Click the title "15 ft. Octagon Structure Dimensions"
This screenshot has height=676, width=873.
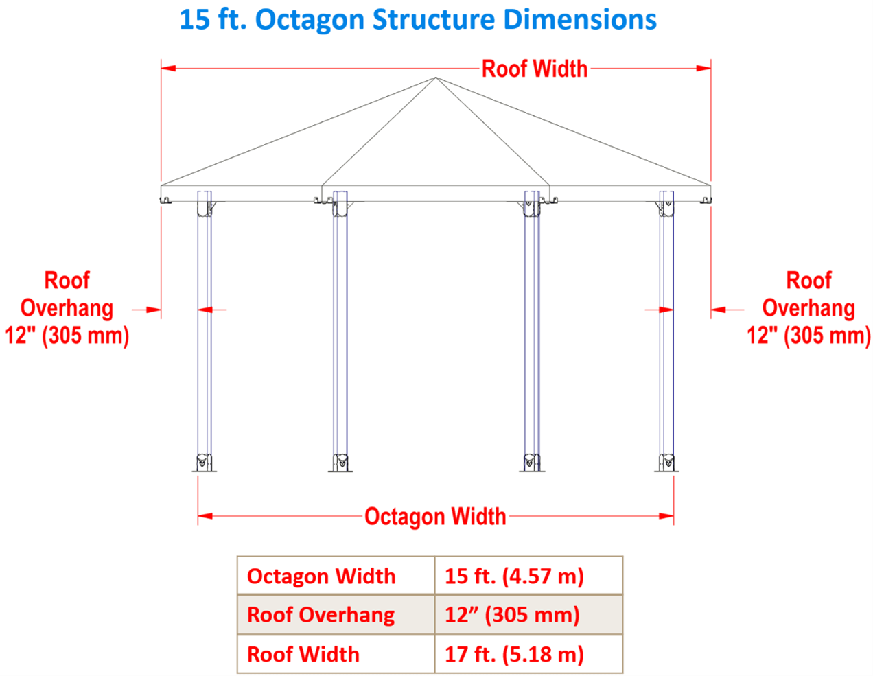pos(417,20)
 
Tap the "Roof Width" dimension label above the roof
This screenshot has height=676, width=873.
pos(534,69)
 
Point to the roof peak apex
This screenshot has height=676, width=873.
pos(436,78)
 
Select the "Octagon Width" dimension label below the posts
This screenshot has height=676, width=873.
pos(435,516)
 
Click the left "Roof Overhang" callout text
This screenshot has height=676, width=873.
pos(67,308)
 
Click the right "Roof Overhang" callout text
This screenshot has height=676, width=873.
pos(808,308)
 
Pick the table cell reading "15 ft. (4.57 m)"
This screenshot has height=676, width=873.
pos(514,576)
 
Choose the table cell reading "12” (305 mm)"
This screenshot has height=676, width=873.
pos(512,615)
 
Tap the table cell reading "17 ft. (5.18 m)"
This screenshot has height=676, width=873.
pos(514,654)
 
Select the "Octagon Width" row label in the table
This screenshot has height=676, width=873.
pos(321,576)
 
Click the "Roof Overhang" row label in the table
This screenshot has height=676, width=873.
pos(321,615)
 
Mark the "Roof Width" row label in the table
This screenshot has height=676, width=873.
pos(303,654)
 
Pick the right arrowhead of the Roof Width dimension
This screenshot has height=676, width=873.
pos(704,69)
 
